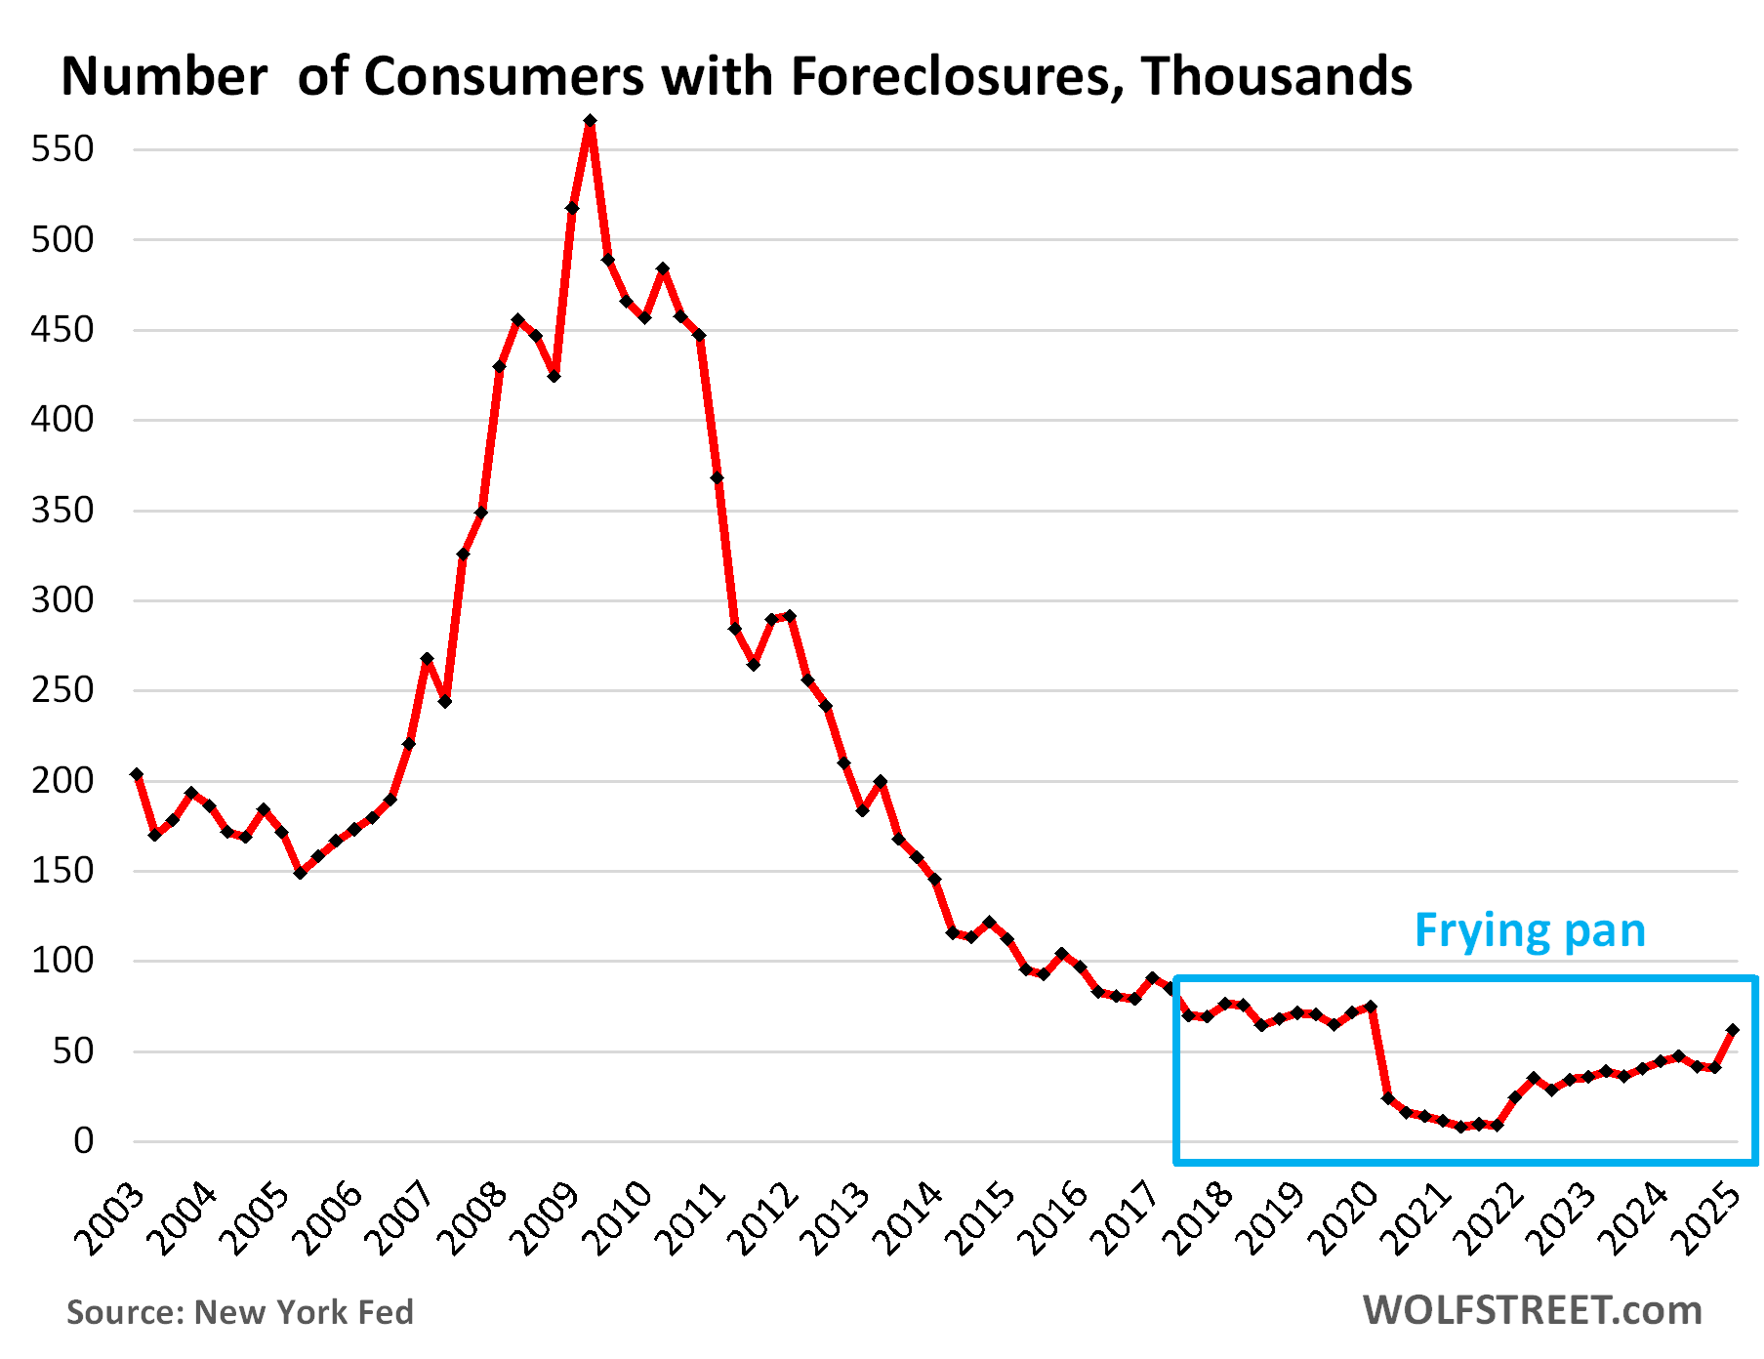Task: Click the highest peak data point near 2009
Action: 590,121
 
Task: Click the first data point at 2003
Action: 137,774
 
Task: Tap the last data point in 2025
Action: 1733,1030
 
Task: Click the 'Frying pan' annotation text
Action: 1529,930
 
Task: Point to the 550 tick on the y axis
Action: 62,149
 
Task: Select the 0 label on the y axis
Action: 84,1140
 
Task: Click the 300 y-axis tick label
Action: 62,599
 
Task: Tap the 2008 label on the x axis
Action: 472,1218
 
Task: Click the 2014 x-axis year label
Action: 909,1218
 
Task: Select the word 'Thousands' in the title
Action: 1276,76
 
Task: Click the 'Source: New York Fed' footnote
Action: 240,1312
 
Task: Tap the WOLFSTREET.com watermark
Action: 1532,1310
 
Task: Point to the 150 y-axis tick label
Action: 62,870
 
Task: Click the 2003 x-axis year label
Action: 109,1218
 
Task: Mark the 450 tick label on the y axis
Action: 62,329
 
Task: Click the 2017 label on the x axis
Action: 1127,1218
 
